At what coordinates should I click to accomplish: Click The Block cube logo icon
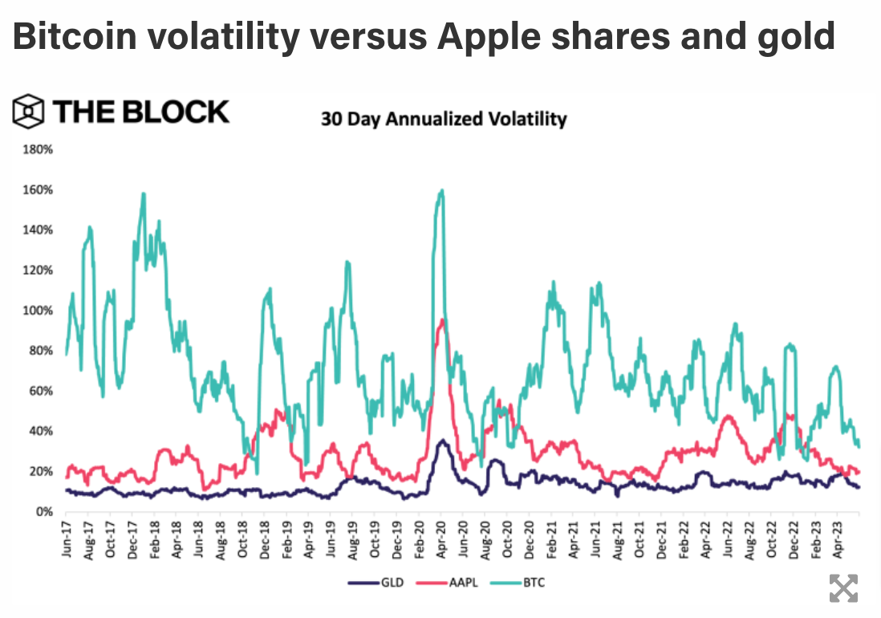click(28, 112)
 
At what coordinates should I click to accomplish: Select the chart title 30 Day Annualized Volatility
click(444, 120)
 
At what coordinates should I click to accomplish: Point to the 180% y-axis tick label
click(39, 149)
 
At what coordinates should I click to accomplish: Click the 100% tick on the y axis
click(39, 311)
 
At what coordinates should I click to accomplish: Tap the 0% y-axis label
click(43, 511)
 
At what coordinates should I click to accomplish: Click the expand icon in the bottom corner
click(842, 588)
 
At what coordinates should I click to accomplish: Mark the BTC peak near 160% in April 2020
click(442, 190)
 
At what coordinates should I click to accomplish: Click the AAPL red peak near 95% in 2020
click(441, 320)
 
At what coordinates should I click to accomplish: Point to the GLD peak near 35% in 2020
click(441, 441)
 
